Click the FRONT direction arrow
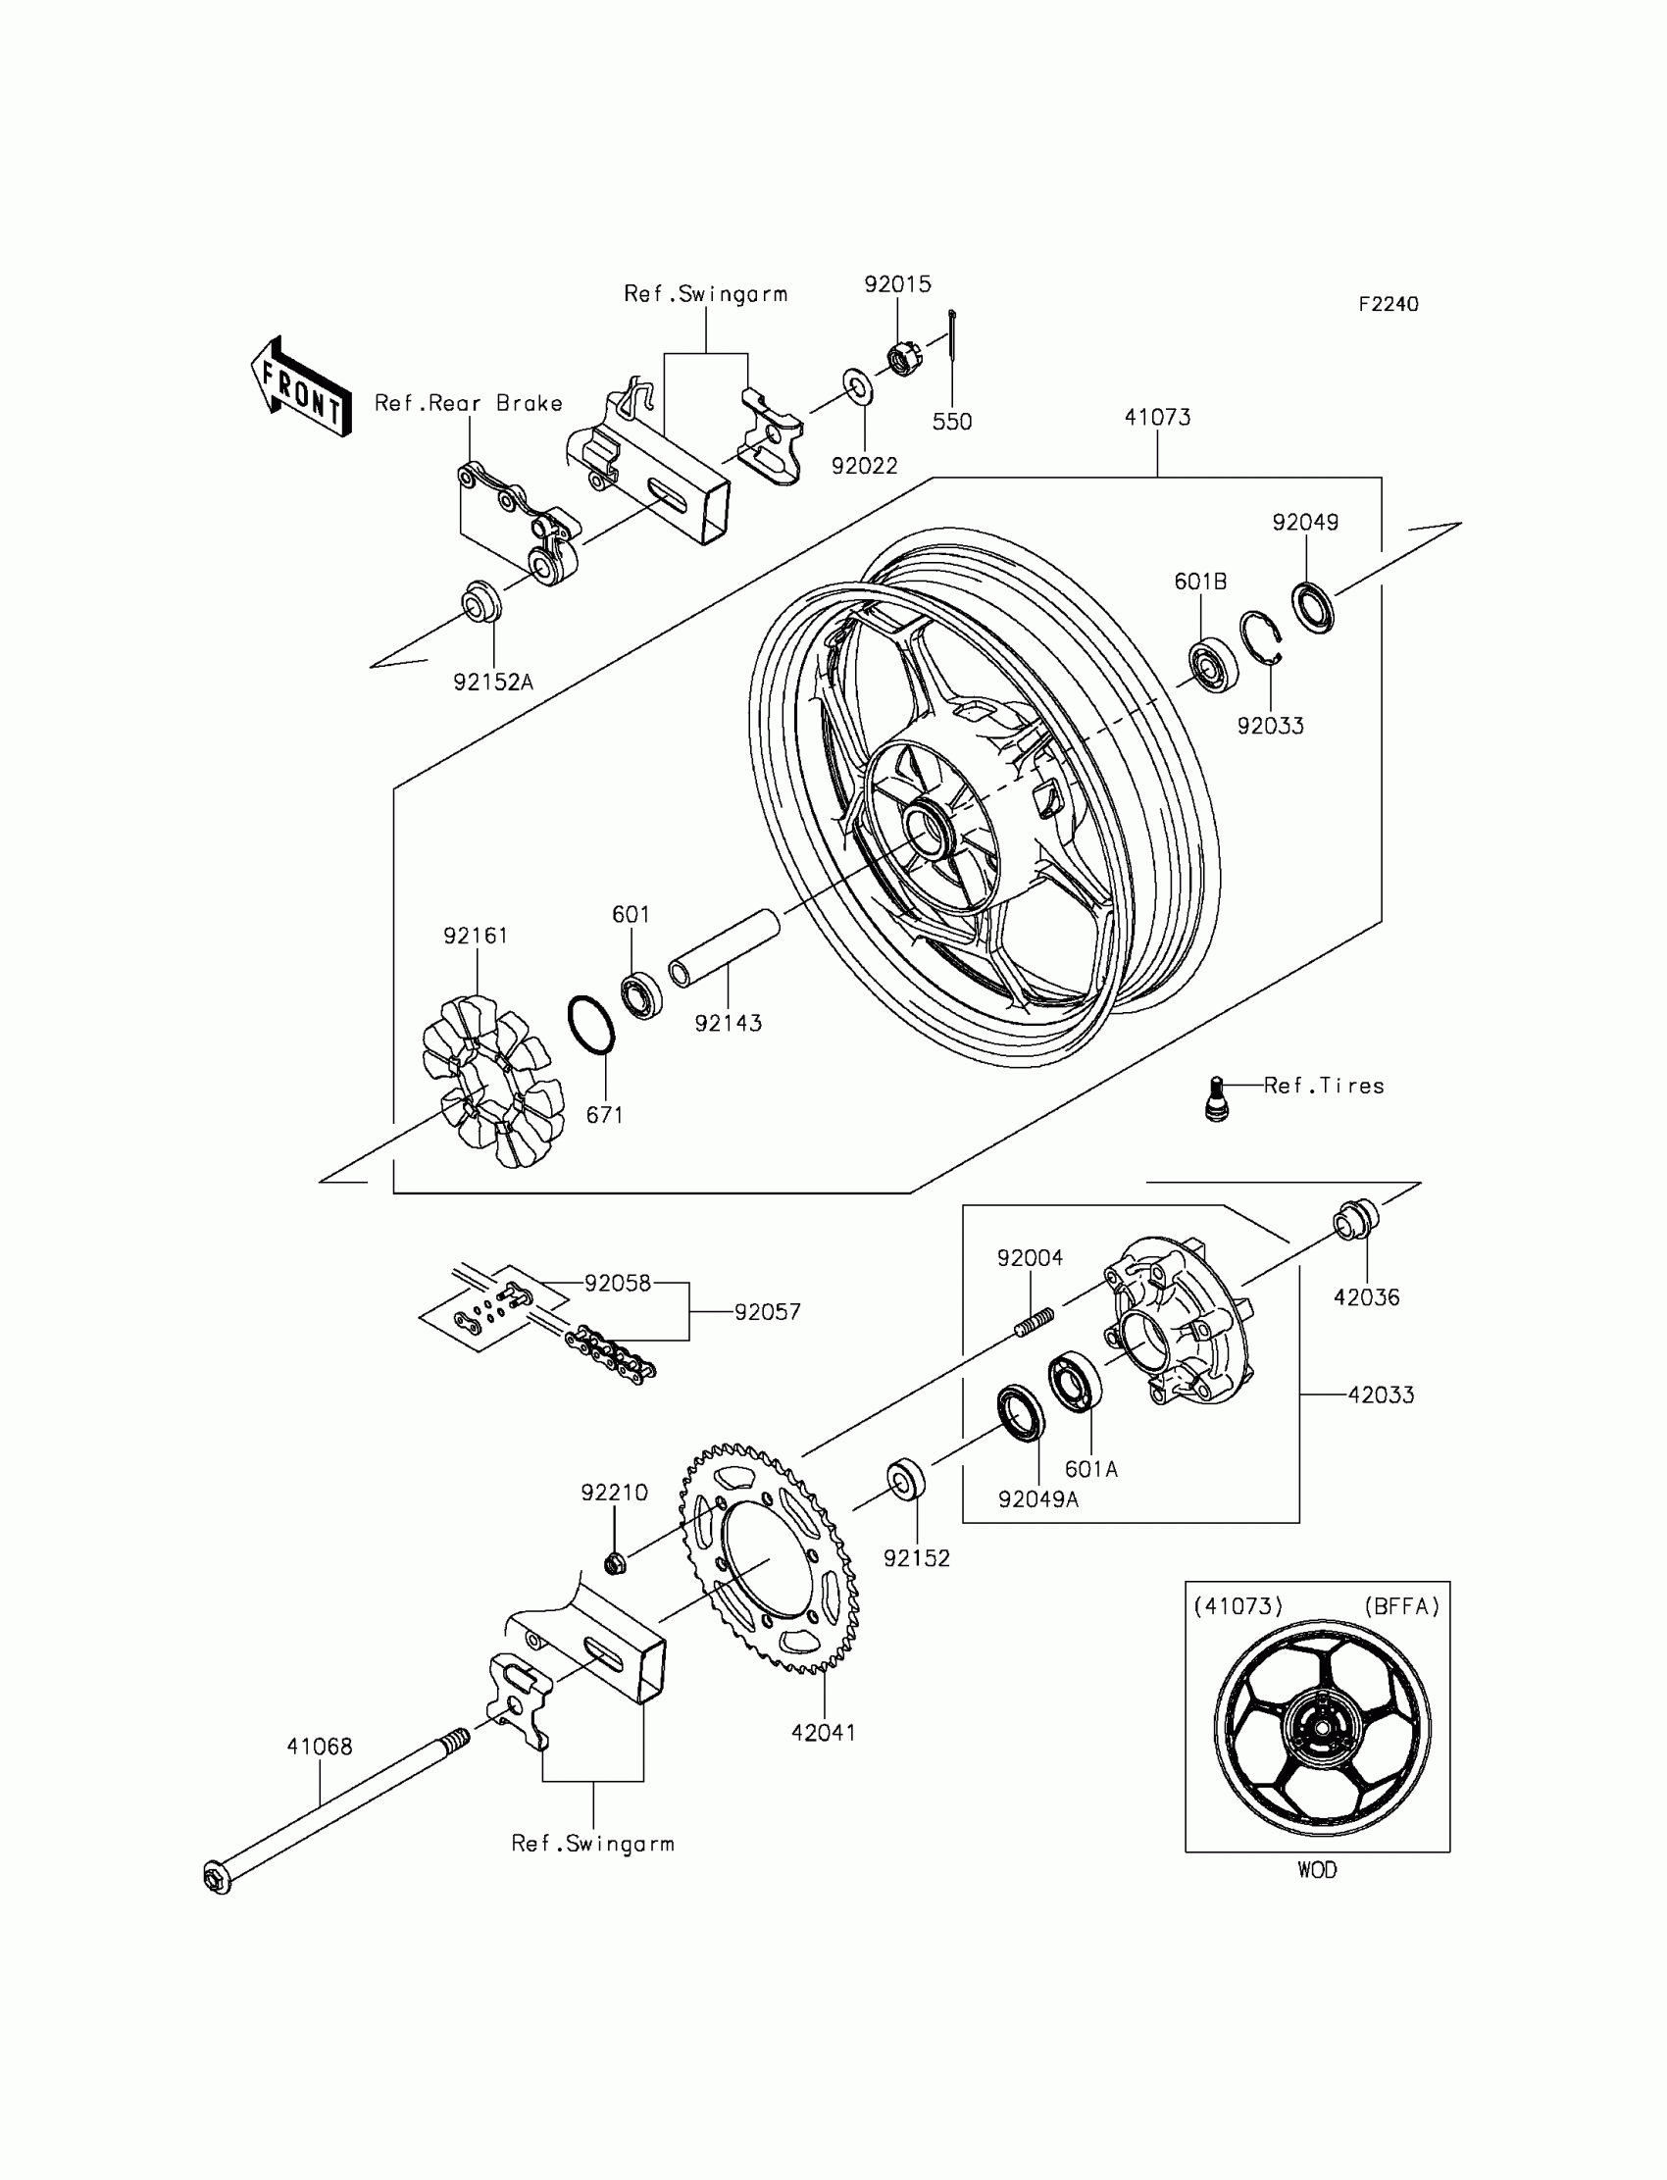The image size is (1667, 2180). coord(301,388)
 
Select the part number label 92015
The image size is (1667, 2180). coord(897,284)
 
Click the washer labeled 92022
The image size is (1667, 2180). coord(858,387)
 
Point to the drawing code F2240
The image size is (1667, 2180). coord(1389,305)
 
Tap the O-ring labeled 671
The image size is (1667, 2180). coord(591,1024)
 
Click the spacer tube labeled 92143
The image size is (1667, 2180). coord(725,947)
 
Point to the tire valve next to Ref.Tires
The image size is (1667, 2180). coord(1217,1098)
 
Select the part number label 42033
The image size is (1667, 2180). coord(1381,1395)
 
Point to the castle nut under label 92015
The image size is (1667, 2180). coord(901,357)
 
